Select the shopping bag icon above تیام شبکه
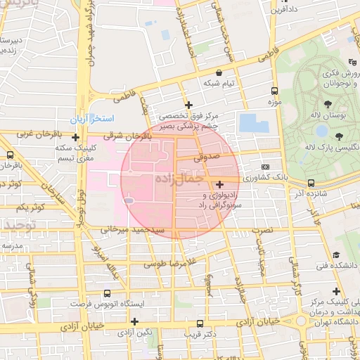[x=219, y=72]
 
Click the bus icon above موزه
[x=274, y=91]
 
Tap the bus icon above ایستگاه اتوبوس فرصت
[x=107, y=293]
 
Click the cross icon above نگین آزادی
[x=134, y=321]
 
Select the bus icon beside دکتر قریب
[x=201, y=324]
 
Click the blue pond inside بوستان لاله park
[x=321, y=130]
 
